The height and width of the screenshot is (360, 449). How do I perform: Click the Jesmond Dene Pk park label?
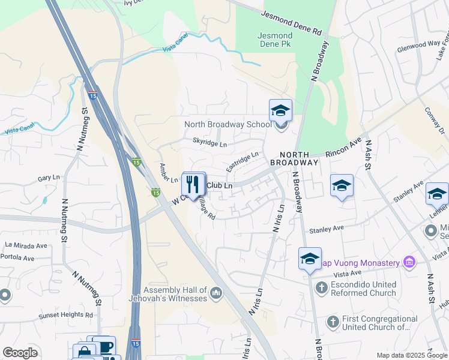[276, 40]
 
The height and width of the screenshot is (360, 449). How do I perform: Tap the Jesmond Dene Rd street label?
[292, 23]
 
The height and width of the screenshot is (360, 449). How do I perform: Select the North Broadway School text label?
[228, 124]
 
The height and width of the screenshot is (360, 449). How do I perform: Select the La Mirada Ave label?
[26, 245]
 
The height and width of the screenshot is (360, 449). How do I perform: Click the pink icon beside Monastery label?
[409, 262]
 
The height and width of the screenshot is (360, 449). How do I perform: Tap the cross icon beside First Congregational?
[333, 323]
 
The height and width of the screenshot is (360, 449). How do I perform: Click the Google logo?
[20, 353]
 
